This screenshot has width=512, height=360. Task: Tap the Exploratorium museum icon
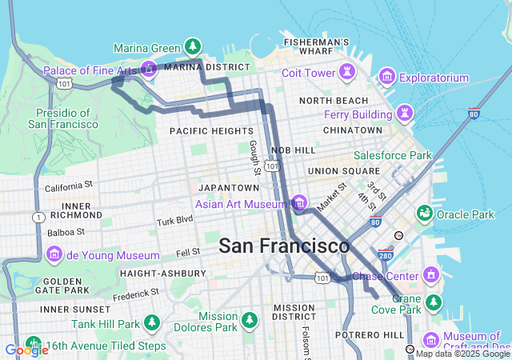tap(387, 78)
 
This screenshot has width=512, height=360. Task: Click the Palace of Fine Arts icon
tap(148, 70)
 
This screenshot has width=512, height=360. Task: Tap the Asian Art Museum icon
tap(299, 203)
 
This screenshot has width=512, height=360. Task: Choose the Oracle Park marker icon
tap(424, 214)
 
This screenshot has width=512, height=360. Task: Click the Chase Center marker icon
tap(433, 275)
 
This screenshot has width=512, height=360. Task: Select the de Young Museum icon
tap(54, 255)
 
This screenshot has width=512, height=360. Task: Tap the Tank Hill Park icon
tap(152, 323)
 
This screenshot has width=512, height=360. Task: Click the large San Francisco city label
tap(284, 246)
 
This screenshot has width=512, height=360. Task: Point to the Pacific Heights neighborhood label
tap(211, 130)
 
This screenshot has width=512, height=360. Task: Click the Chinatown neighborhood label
tap(352, 130)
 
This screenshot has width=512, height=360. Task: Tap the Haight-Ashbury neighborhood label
tap(164, 273)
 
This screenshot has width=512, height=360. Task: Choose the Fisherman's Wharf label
tap(316, 47)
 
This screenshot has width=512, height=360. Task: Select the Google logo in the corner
tap(26, 350)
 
